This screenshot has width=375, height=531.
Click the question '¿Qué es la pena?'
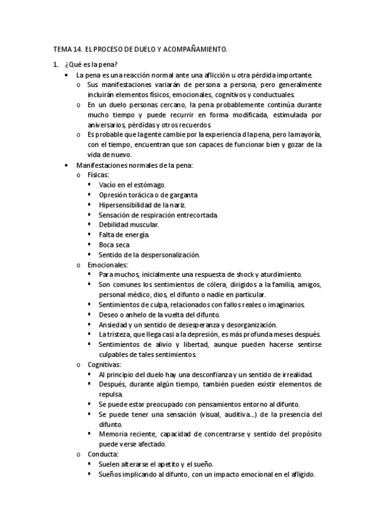pyautogui.click(x=90, y=64)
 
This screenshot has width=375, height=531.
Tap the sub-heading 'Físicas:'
pyautogui.click(x=99, y=175)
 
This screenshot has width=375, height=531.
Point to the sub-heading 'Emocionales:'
pyautogui.click(x=107, y=265)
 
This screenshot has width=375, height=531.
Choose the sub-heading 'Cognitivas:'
pyautogui.click(x=105, y=364)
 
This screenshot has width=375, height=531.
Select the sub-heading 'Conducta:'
pyautogui.click(x=101, y=454)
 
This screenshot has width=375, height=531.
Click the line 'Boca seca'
pyautogui.click(x=115, y=245)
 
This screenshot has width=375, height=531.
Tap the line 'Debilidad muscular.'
pyautogui.click(x=128, y=225)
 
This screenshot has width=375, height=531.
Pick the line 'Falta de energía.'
pyautogui.click(x=124, y=235)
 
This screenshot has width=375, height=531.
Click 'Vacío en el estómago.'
pyautogui.click(x=132, y=185)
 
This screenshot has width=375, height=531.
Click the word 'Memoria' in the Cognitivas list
pyautogui.click(x=113, y=434)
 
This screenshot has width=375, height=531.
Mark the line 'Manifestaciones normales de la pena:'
pyautogui.click(x=135, y=165)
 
